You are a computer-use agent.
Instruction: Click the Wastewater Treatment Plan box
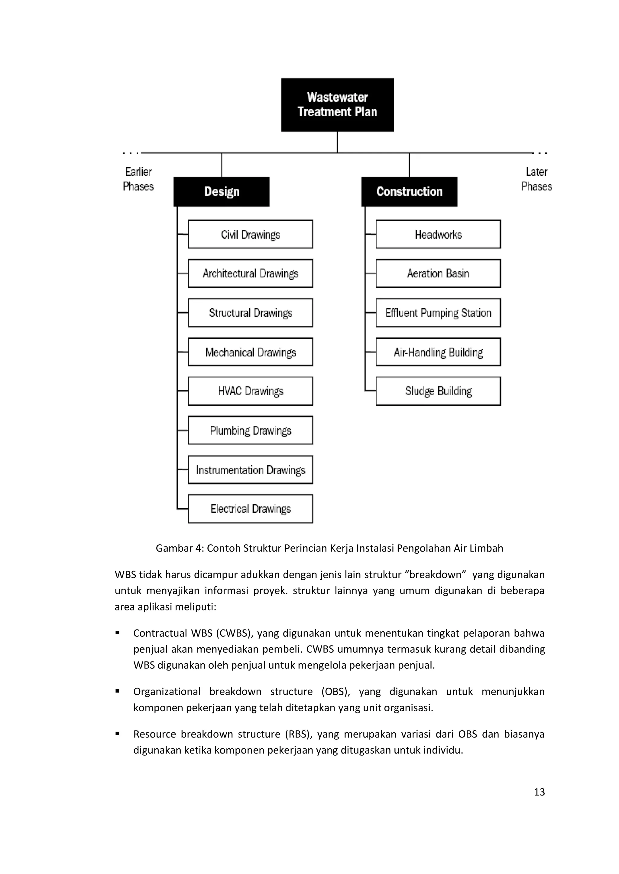click(x=337, y=105)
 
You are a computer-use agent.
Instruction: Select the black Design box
click(x=222, y=191)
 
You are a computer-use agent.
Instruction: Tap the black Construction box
click(x=409, y=191)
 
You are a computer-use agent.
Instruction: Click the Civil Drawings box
click(x=251, y=234)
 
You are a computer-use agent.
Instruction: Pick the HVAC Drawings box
click(x=251, y=391)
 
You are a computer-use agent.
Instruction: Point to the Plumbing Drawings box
click(x=251, y=430)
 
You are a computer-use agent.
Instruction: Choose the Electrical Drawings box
click(x=251, y=509)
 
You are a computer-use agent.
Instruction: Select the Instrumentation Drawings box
click(x=251, y=470)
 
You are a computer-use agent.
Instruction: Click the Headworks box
click(x=438, y=234)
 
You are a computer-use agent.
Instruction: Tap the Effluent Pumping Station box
click(x=438, y=312)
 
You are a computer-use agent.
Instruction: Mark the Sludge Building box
click(x=438, y=391)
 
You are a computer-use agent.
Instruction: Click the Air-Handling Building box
click(x=438, y=352)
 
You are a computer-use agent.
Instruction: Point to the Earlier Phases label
click(x=138, y=179)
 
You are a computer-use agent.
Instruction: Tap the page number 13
click(x=539, y=792)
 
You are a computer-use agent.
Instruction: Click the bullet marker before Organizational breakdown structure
click(x=117, y=691)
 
